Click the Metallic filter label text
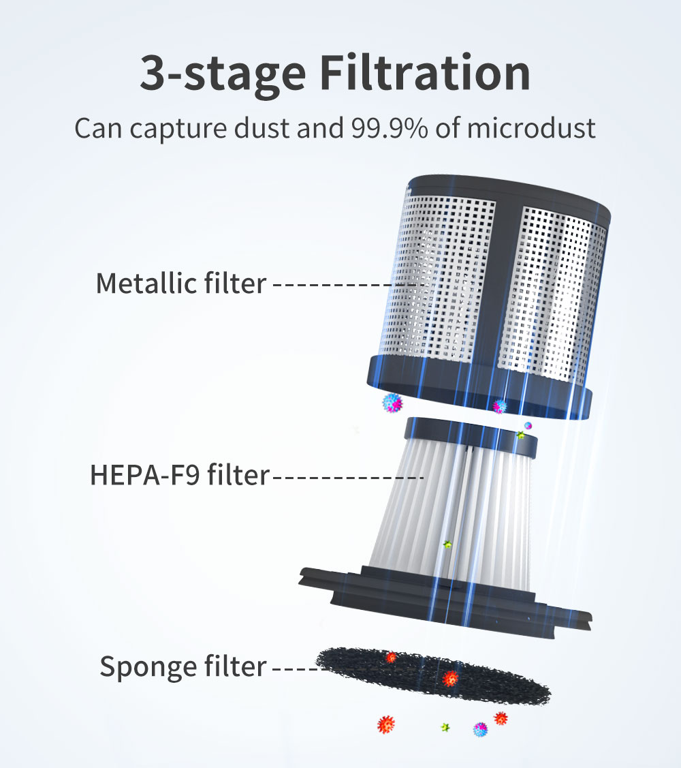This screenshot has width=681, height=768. [x=180, y=283]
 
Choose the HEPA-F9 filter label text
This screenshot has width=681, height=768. [x=180, y=476]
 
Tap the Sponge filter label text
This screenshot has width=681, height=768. [x=183, y=666]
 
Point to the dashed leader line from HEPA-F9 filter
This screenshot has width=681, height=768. [x=347, y=477]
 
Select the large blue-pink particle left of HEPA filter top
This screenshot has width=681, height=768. [x=392, y=403]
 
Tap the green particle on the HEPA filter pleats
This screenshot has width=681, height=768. [x=447, y=544]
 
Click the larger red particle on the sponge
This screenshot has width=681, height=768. [x=450, y=678]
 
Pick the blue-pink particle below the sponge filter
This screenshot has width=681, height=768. [x=481, y=730]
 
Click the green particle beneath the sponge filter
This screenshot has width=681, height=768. [x=445, y=728]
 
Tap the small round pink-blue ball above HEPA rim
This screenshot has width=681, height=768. [x=528, y=425]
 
